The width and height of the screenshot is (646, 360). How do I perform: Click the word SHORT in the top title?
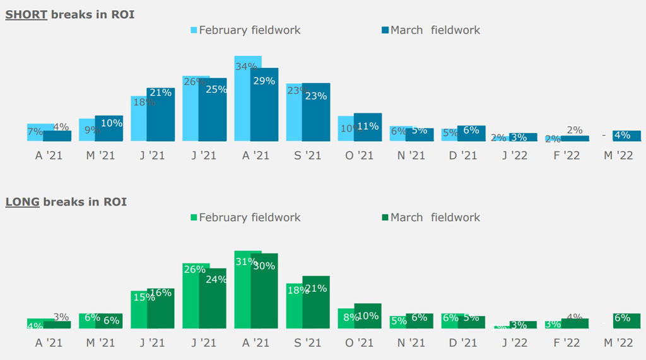(26, 15)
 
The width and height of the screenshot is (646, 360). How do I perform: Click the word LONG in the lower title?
(22, 202)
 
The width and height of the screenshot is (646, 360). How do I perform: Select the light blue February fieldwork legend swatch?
(194, 30)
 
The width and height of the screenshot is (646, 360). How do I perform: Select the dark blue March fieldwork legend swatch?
(385, 30)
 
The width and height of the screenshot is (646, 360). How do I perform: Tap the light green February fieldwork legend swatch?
(194, 218)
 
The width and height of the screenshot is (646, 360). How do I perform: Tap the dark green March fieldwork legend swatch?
(385, 218)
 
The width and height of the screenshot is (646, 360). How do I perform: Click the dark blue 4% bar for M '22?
(626, 136)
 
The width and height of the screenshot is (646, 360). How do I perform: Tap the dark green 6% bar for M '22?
(626, 322)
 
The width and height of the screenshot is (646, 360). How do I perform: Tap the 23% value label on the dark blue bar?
(316, 96)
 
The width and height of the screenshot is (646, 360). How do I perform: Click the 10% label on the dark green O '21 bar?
(368, 316)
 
